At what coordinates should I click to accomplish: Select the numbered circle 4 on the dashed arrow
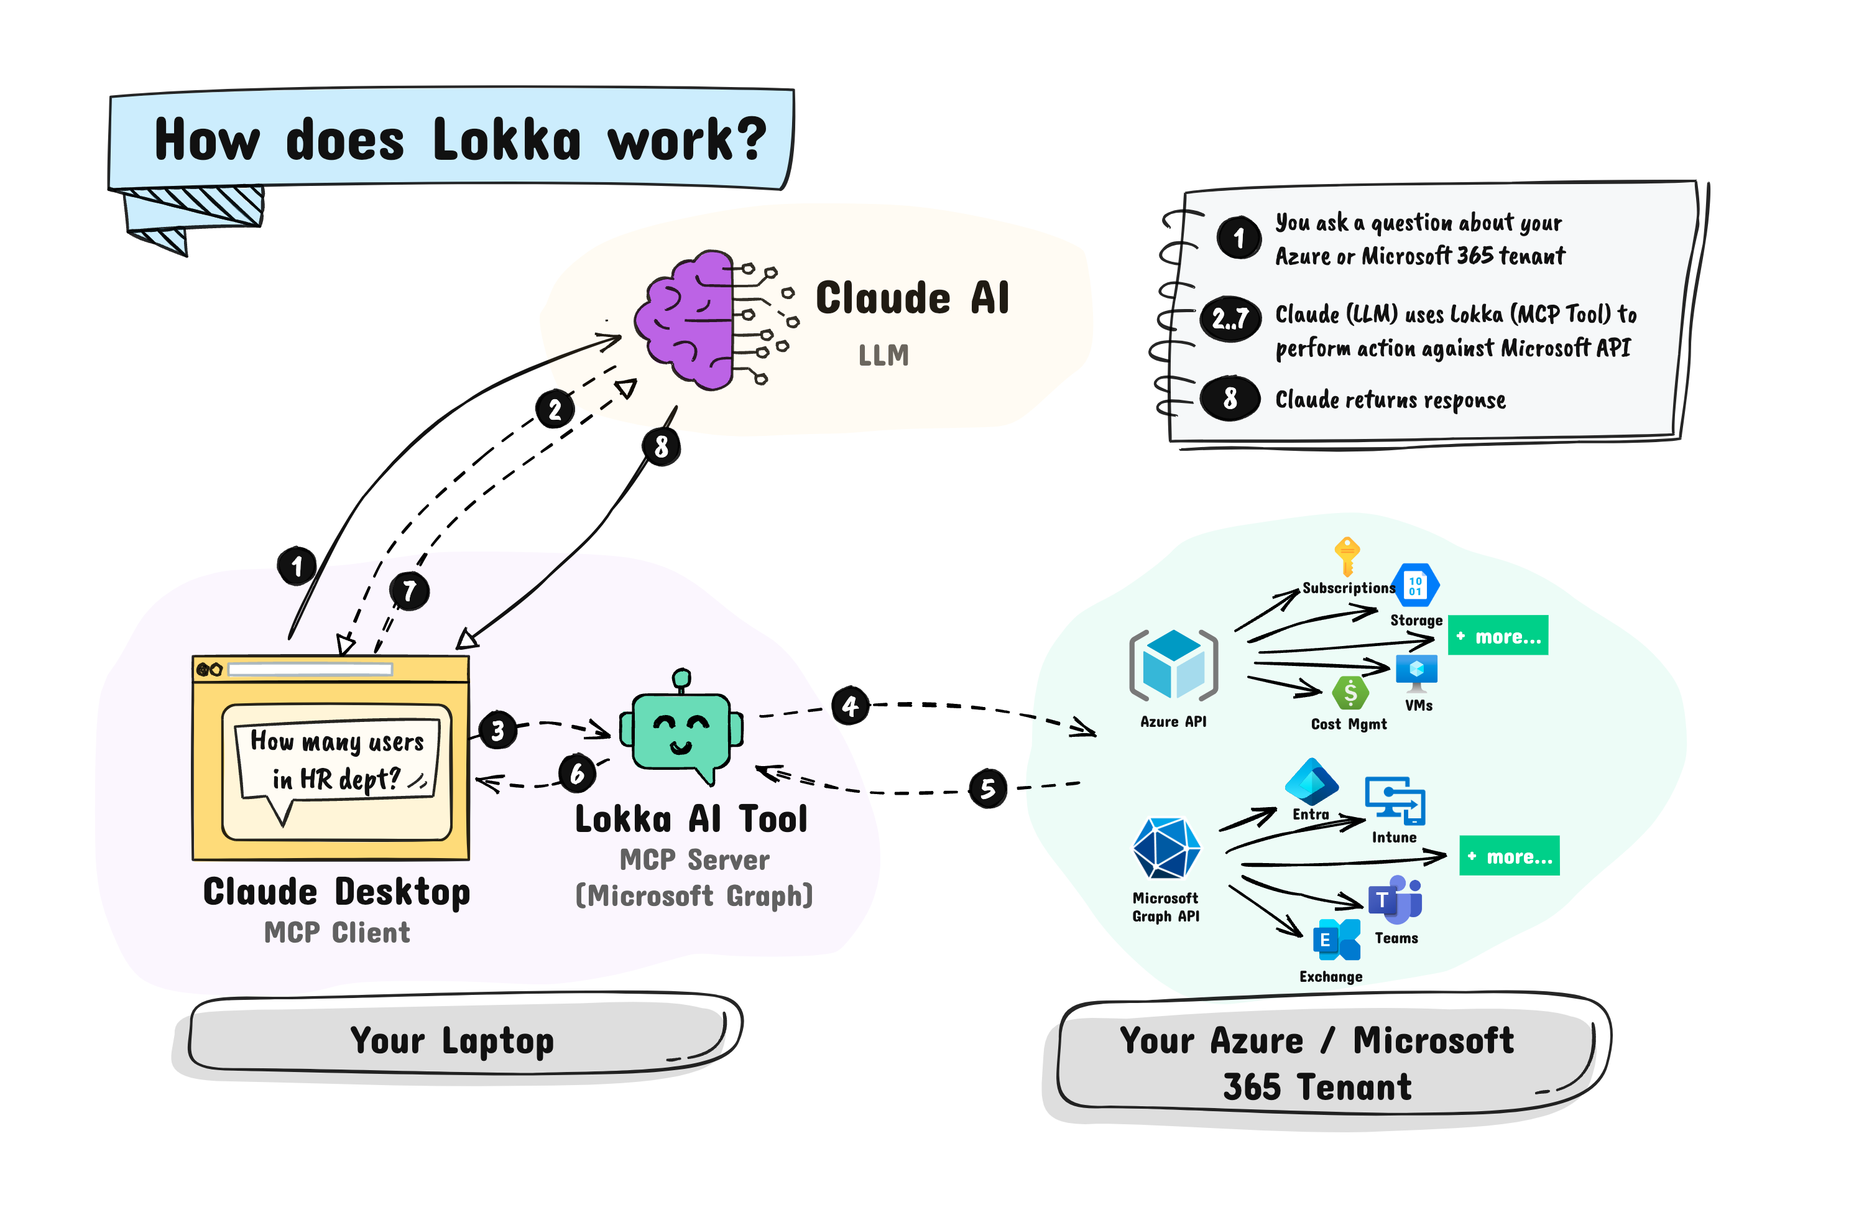point(850,706)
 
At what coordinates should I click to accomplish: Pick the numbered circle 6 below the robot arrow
point(577,774)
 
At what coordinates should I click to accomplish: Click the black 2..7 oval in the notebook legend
point(1230,318)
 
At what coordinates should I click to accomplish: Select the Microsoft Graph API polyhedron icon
point(1166,849)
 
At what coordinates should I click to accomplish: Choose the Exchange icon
point(1337,940)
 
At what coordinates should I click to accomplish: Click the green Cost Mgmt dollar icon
point(1350,693)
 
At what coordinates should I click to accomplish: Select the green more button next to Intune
point(1509,856)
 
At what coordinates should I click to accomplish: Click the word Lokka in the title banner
point(506,141)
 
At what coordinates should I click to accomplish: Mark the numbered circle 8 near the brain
point(661,446)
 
